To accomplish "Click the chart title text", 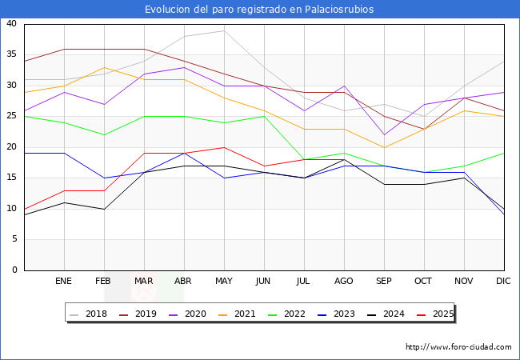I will coord(259,10).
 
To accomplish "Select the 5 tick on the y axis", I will coord(14,240).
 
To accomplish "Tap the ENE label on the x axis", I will coord(64,282).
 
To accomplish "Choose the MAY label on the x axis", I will coord(224,282).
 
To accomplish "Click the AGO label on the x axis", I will coord(344,282).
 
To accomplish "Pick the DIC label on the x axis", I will coord(504,282).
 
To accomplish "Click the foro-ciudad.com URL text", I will coord(458,347).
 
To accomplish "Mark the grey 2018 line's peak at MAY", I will coord(224,30).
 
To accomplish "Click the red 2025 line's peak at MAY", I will coord(224,147).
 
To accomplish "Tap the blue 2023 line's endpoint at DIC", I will coord(504,215).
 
